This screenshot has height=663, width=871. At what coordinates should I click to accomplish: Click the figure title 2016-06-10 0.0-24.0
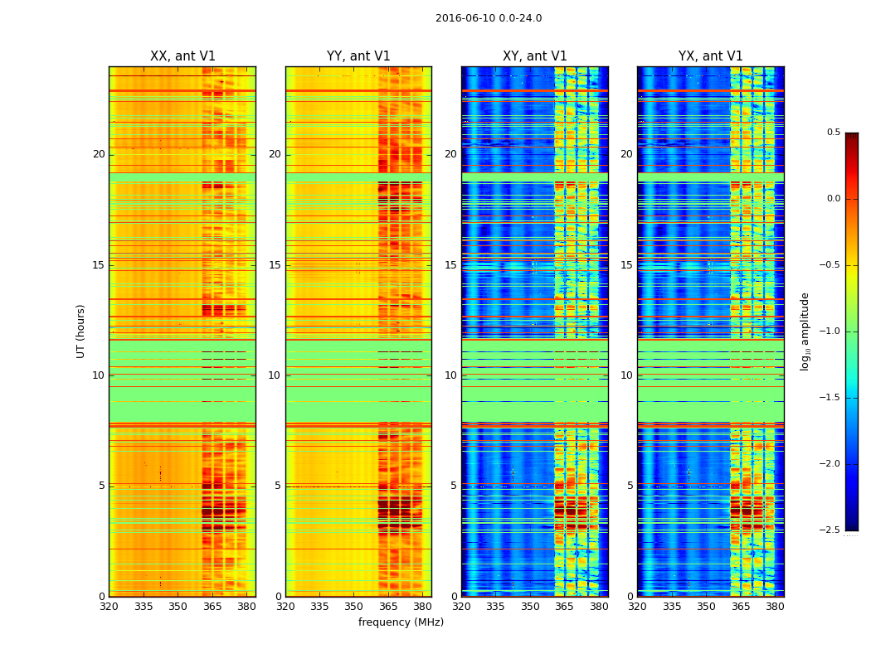click(489, 18)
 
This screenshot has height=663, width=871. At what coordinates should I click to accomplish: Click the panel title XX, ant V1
click(182, 56)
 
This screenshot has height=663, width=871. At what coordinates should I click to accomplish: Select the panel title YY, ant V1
click(358, 56)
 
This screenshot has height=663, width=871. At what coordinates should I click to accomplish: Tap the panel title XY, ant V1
click(535, 56)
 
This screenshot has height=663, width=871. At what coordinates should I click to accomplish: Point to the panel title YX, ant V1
click(711, 56)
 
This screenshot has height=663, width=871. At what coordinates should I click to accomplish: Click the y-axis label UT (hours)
click(81, 331)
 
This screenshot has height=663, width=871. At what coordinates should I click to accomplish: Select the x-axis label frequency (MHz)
click(401, 622)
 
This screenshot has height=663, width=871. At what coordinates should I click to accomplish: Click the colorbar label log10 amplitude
click(805, 331)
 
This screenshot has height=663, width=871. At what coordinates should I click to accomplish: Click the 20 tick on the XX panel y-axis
click(99, 154)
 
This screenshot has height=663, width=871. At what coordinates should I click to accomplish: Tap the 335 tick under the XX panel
click(144, 607)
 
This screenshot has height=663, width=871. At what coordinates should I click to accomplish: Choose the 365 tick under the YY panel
click(388, 607)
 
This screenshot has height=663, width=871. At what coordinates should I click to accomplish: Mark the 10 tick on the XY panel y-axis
click(450, 375)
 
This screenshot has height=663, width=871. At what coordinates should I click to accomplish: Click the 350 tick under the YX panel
click(706, 607)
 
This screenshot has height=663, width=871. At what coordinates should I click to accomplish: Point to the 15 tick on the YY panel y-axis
click(275, 265)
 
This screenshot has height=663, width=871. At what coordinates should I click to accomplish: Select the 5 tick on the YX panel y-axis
click(630, 486)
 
